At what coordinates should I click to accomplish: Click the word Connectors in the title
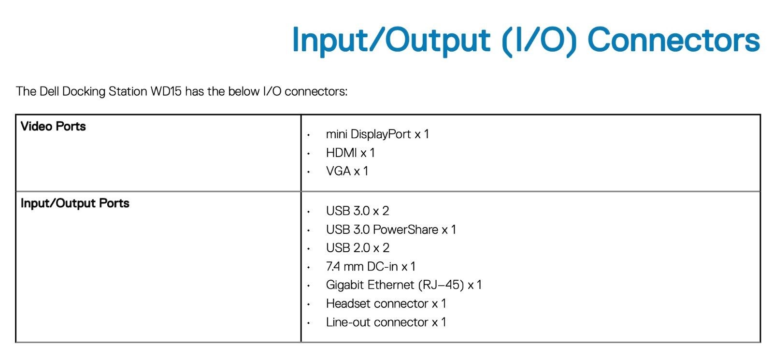pyautogui.click(x=673, y=40)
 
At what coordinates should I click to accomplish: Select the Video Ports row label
pyautogui.click(x=53, y=126)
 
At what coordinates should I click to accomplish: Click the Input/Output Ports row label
pyautogui.click(x=75, y=203)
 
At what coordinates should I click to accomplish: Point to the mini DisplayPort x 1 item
pyautogui.click(x=377, y=134)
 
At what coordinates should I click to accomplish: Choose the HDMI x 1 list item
pyautogui.click(x=350, y=153)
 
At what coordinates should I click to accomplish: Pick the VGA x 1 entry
pyautogui.click(x=347, y=171)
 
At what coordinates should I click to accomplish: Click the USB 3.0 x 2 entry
pyautogui.click(x=358, y=211)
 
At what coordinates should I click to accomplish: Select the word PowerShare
pyautogui.click(x=405, y=230)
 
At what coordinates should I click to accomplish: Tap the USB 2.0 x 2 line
pyautogui.click(x=358, y=248)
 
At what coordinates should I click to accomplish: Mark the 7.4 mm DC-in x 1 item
pyautogui.click(x=371, y=266)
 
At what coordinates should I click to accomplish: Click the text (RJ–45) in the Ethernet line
pyautogui.click(x=441, y=285)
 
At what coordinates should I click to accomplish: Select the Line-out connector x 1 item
pyautogui.click(x=386, y=322)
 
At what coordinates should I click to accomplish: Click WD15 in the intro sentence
pyautogui.click(x=166, y=91)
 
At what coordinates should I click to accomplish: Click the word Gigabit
pyautogui.click(x=345, y=285)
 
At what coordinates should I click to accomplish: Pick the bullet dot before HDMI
pyautogui.click(x=309, y=153)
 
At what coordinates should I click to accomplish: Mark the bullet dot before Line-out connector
pyautogui.click(x=309, y=323)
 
